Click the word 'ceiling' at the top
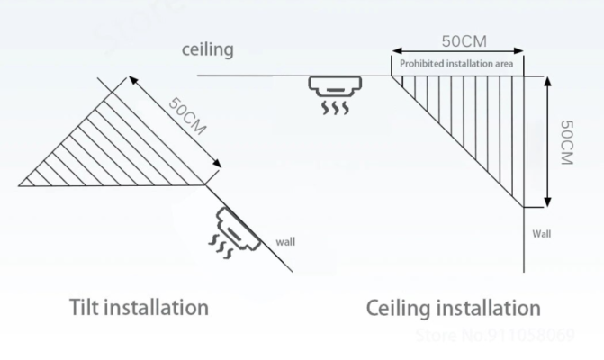pyautogui.click(x=208, y=49)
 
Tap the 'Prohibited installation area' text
pyautogui.click(x=456, y=63)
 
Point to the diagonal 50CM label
pyautogui.click(x=187, y=115)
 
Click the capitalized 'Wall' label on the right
pyautogui.click(x=541, y=233)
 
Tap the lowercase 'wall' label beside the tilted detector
pyautogui.click(x=284, y=241)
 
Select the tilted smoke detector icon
pyautogui.click(x=237, y=223)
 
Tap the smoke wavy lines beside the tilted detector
pyautogui.click(x=219, y=243)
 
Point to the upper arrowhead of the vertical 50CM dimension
pyautogui.click(x=548, y=79)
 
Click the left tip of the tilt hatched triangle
pyautogui.click(x=20, y=184)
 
